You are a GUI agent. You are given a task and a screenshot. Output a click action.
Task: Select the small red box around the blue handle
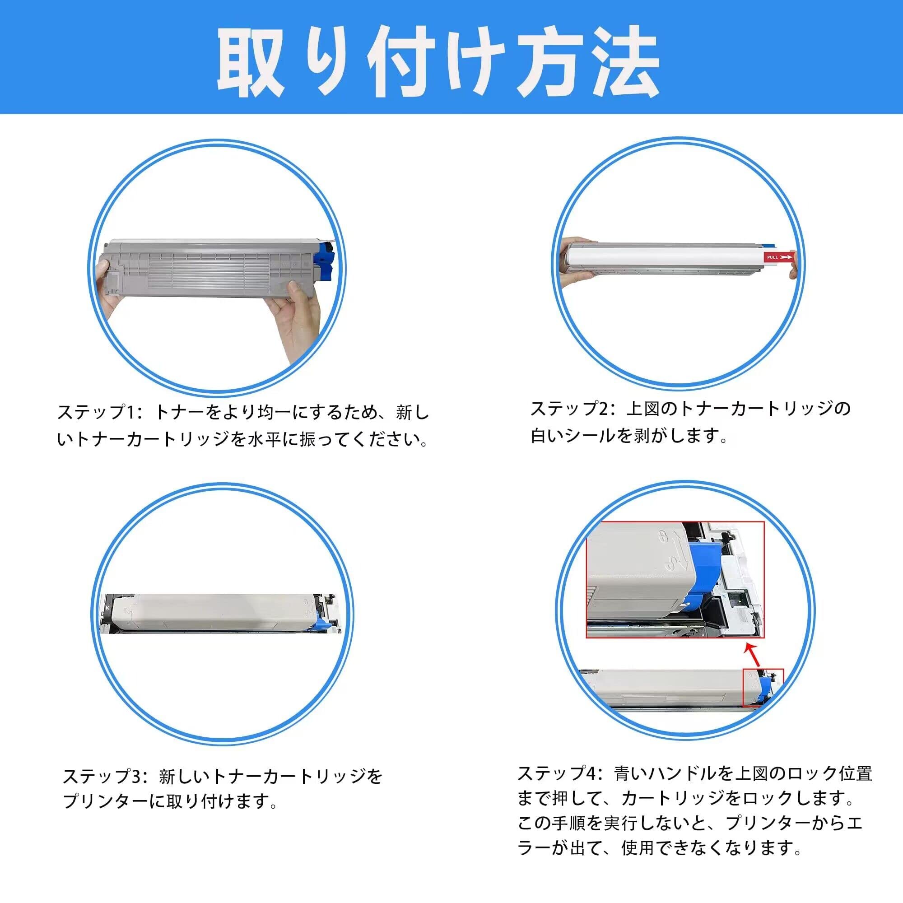(x=763, y=688)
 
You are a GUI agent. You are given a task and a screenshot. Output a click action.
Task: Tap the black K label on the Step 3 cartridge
(x=107, y=607)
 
